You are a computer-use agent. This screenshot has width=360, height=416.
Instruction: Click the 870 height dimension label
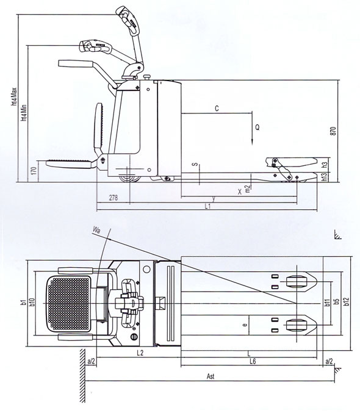coord(333,131)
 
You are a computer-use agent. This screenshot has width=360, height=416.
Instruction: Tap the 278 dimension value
coord(113,198)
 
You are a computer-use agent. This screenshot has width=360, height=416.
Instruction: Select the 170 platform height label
coord(34,170)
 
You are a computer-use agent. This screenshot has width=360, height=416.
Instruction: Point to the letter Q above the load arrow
coord(257,127)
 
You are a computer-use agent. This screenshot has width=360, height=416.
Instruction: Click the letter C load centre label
coord(217,109)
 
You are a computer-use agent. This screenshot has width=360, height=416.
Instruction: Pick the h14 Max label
coord(14,96)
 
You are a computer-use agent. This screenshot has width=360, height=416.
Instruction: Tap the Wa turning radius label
coord(96,230)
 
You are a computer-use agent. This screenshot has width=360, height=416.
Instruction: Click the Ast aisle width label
coord(211,376)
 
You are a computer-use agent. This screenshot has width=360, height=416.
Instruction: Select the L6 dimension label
coord(253,361)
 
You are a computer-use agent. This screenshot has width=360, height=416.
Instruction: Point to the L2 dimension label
coord(140,353)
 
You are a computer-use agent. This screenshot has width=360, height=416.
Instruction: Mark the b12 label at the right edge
coord(347,301)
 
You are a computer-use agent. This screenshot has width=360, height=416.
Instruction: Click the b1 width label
coord(23,302)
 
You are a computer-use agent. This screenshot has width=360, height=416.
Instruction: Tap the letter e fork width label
coord(245,325)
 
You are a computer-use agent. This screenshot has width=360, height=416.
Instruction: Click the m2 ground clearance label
coord(248,188)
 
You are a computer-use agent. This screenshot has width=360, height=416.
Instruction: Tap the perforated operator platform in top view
coord(70,303)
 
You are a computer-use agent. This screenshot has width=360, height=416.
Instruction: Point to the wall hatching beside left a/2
coord(82,375)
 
